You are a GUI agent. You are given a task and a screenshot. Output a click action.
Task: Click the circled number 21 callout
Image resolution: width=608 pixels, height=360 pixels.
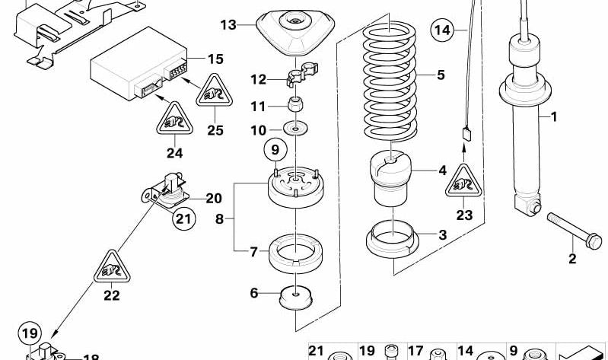[x=183, y=219]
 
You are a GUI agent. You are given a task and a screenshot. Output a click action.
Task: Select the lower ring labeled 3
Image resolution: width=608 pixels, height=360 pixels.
[x=393, y=239]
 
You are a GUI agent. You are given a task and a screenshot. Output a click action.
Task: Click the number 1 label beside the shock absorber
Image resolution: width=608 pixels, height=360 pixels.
[x=554, y=118]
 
